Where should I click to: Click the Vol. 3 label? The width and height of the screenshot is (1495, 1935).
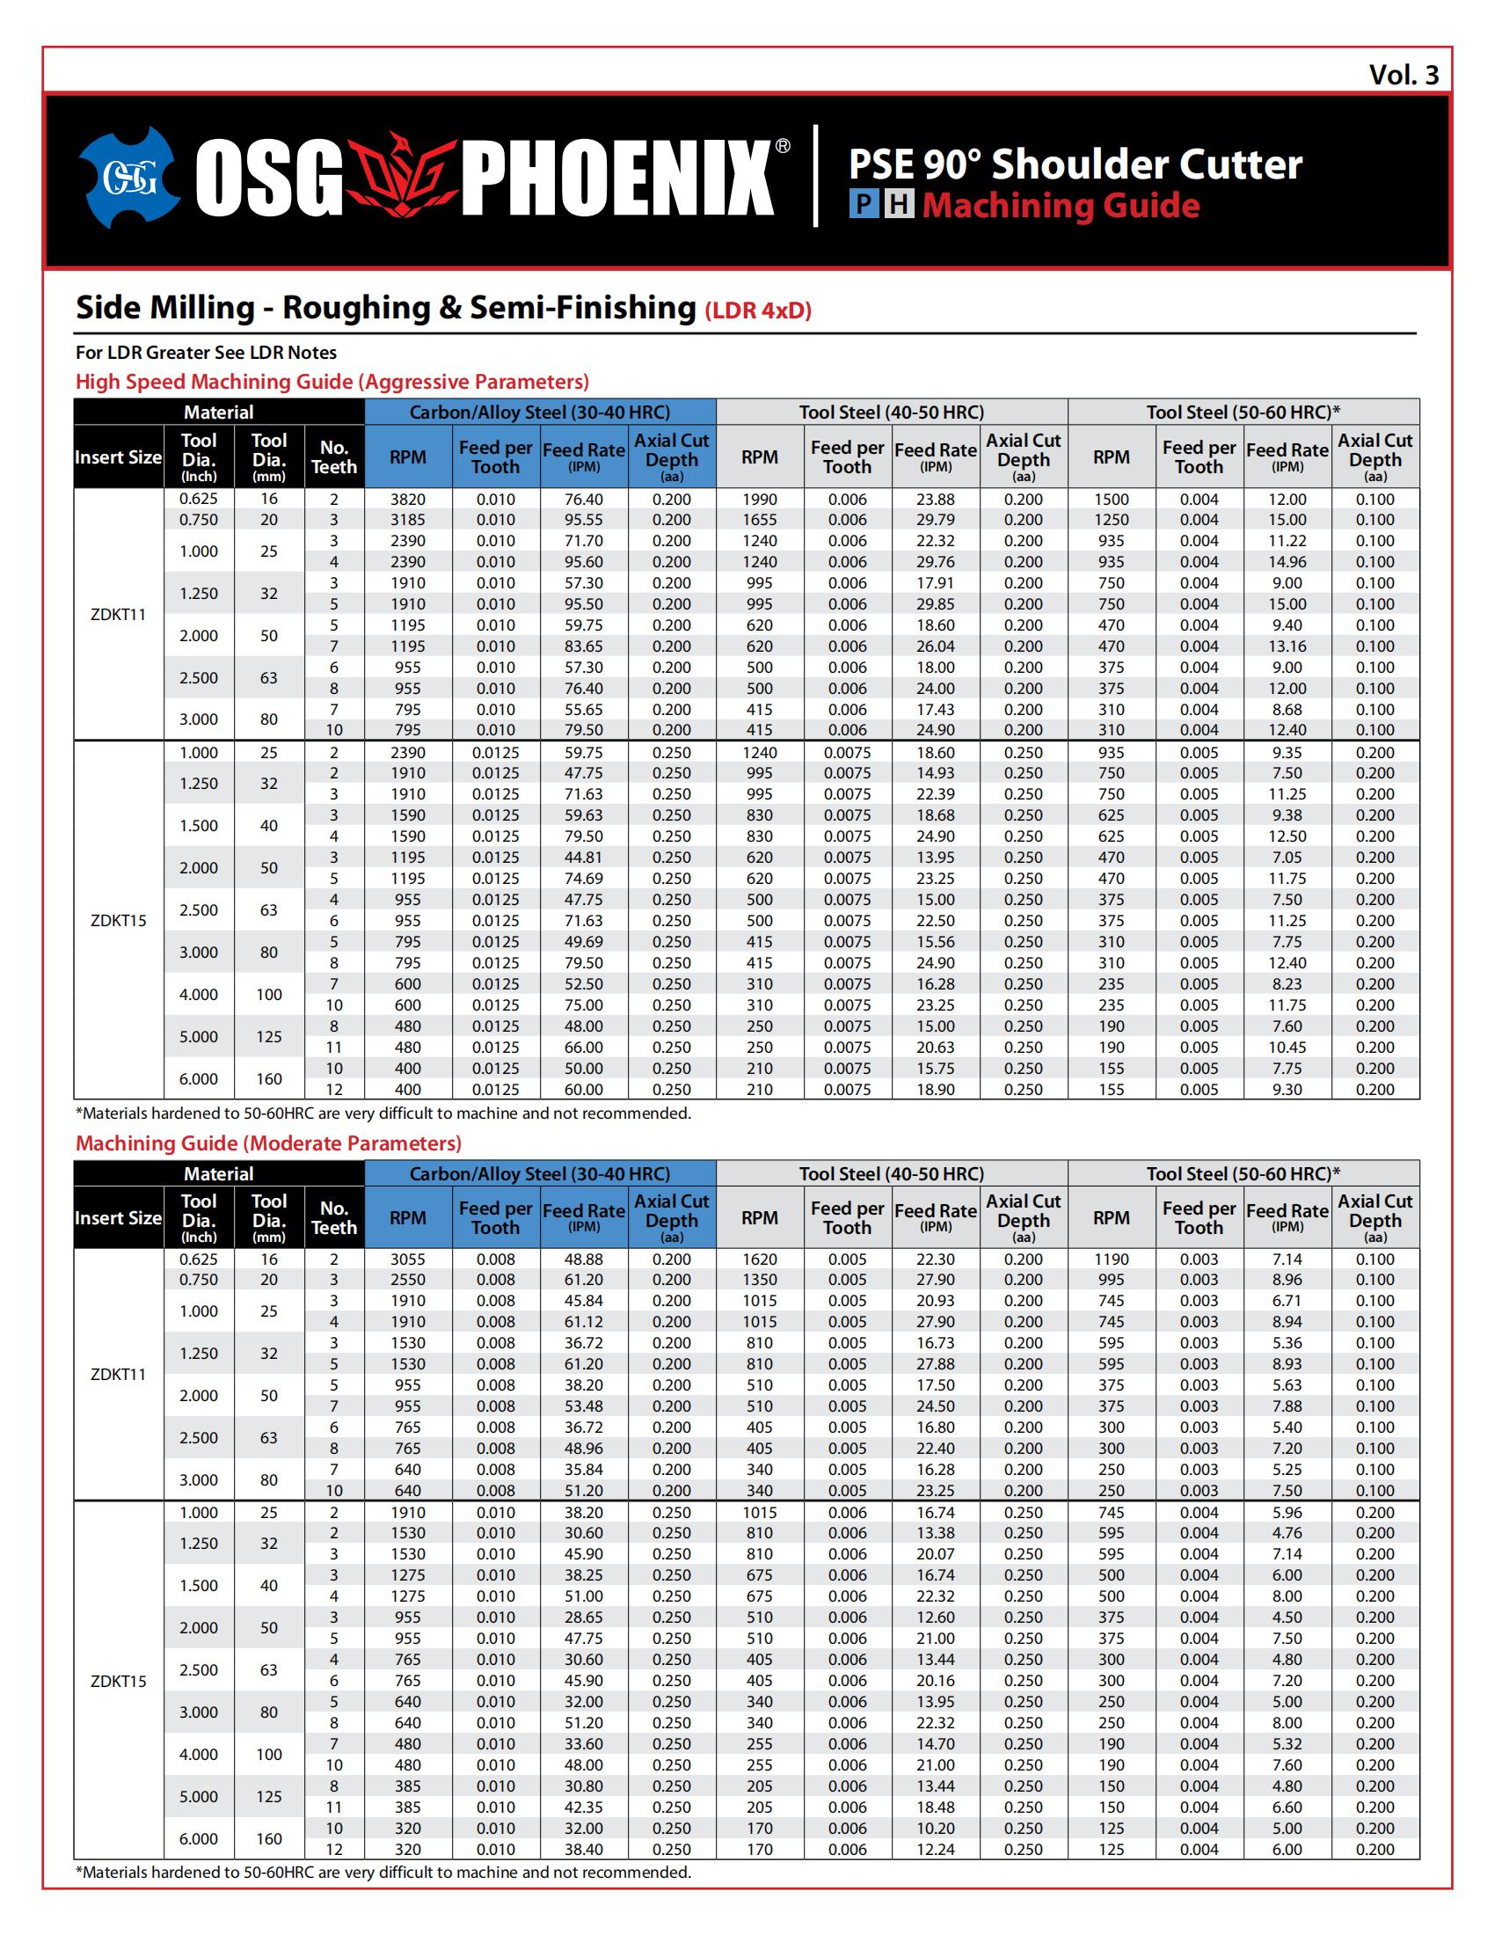point(1404,75)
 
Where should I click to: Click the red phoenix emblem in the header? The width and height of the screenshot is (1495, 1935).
point(402,178)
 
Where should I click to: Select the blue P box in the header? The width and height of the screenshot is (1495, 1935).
point(864,206)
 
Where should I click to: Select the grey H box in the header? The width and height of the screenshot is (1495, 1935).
point(899,206)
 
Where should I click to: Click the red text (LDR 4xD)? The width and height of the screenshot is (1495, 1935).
point(758,311)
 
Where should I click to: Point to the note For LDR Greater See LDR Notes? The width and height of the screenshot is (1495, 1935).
point(206,353)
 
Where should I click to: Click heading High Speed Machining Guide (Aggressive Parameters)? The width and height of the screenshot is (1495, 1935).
point(332,382)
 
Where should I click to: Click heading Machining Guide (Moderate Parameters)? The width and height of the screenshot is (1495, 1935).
point(268,1143)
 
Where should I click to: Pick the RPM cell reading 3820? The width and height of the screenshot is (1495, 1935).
point(407,499)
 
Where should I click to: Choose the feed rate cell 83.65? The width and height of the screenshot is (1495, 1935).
point(584,646)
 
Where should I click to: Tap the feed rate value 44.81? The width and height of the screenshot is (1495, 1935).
point(584,858)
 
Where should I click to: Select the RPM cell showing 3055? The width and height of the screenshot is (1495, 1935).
point(407,1259)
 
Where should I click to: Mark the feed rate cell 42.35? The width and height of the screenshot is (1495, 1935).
point(584,1807)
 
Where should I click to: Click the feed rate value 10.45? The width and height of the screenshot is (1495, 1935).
point(1287,1048)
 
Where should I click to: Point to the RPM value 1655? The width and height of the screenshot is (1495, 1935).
point(759,520)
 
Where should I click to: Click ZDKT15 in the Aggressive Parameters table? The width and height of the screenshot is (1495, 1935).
point(119,921)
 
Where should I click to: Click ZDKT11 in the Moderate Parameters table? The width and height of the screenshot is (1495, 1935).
point(119,1374)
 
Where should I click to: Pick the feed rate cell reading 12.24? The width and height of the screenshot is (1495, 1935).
point(936,1849)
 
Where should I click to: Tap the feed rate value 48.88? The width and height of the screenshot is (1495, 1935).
point(584,1259)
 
